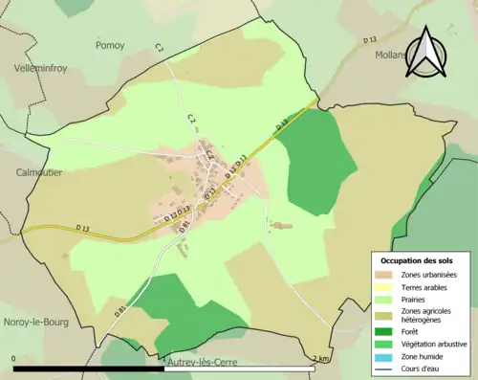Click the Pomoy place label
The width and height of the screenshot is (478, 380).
(x=110, y=45)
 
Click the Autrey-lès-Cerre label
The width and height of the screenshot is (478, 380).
(x=204, y=365)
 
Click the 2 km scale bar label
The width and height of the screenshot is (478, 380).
(x=320, y=360)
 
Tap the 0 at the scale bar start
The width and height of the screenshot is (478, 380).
(x=14, y=360)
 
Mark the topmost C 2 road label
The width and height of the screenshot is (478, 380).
(x=160, y=48)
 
